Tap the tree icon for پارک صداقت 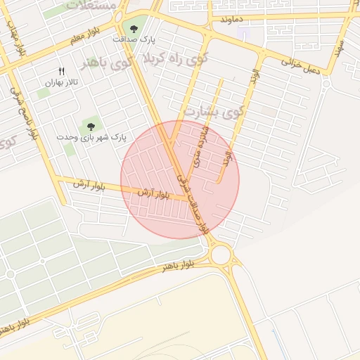[134, 29]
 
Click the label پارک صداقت [134, 41]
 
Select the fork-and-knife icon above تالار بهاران [61, 71]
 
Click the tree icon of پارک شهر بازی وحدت [89, 126]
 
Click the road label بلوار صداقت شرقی [193, 204]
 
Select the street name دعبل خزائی [301, 67]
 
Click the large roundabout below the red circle [220, 255]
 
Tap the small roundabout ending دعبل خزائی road [326, 84]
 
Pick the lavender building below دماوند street [243, 33]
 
